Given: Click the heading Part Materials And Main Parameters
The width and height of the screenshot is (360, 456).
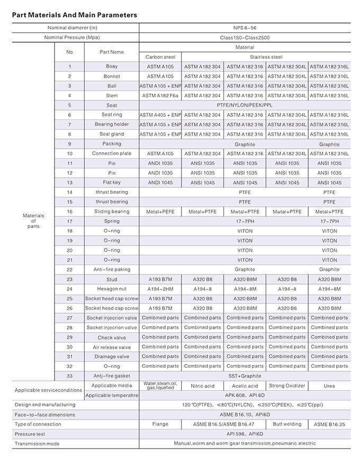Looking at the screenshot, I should click(x=74, y=15).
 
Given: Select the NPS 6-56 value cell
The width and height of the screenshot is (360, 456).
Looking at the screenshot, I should click(x=245, y=28).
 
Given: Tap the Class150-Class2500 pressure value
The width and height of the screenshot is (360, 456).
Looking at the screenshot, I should click(x=245, y=38).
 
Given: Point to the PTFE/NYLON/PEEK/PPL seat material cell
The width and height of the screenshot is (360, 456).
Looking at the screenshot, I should click(x=245, y=105).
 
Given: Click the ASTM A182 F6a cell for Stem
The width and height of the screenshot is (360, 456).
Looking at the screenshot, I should click(x=160, y=96).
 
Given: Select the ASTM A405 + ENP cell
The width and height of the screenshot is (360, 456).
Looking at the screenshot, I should click(x=160, y=115).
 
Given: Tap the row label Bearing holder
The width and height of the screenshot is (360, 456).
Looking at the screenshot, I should click(x=112, y=124).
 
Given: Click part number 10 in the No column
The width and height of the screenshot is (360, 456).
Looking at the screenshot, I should click(x=69, y=153).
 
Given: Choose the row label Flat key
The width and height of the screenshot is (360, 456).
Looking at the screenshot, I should click(x=112, y=183).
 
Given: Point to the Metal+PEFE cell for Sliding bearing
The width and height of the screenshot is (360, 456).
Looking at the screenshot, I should click(x=160, y=212).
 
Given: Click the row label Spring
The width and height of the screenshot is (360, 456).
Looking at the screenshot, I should click(x=112, y=221).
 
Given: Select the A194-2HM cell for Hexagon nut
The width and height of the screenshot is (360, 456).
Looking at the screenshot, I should click(x=160, y=289).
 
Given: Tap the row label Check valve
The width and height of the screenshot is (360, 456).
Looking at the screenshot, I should click(x=112, y=338).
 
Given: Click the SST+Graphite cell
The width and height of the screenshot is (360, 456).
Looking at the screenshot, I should click(x=245, y=376).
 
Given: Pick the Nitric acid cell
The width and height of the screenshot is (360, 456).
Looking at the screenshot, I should click(x=203, y=386).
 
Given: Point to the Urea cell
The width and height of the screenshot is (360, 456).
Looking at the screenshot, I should click(x=329, y=386).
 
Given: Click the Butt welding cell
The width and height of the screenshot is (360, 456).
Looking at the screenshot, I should click(x=287, y=424).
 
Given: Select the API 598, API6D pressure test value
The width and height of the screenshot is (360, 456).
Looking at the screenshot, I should click(x=245, y=434).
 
